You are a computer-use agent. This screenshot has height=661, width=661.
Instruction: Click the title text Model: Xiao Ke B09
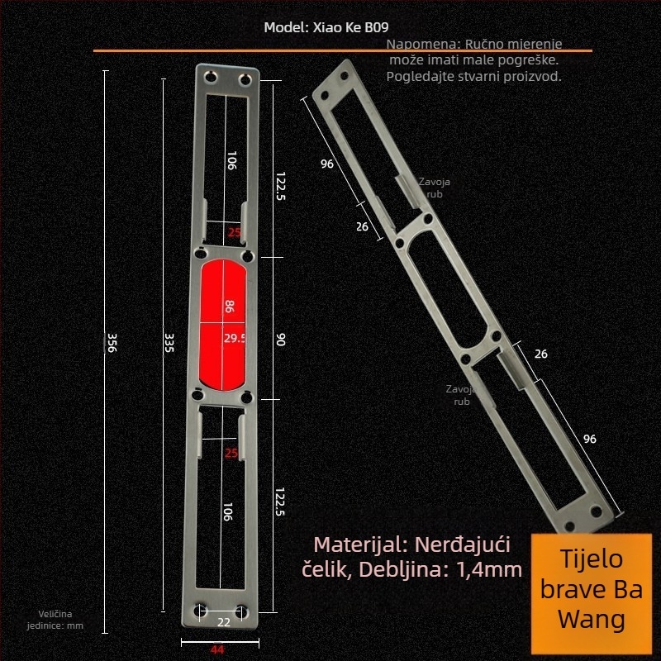coord(326,27)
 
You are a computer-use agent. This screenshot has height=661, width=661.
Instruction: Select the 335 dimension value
coord(169,343)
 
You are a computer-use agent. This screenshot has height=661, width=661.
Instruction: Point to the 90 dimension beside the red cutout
coord(280,340)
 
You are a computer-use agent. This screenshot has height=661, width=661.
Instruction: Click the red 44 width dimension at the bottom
coord(217,649)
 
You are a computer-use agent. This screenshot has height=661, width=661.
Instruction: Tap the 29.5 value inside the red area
coord(235,338)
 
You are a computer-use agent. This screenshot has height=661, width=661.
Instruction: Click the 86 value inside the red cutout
coord(230,307)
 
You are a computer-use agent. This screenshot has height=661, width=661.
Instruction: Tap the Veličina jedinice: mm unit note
coord(61,620)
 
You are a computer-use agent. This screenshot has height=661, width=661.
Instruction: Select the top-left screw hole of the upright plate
coord(208,78)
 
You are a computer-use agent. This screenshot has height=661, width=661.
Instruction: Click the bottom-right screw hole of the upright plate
coord(242,611)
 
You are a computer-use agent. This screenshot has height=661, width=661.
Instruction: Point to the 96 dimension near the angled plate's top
coord(327,164)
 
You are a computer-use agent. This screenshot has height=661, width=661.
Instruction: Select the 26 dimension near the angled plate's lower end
coord(541,354)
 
